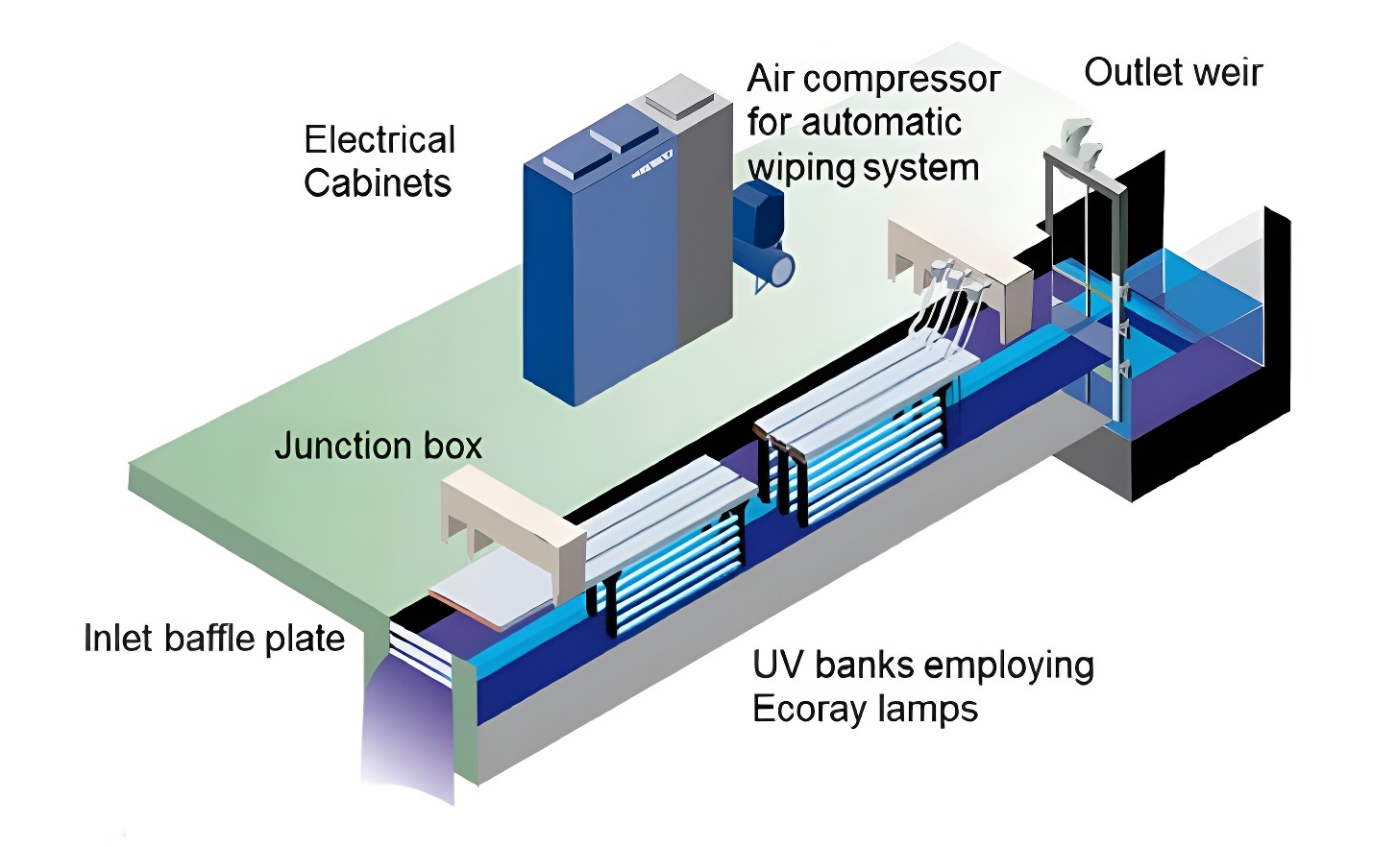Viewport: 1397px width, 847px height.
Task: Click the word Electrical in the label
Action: click(x=380, y=140)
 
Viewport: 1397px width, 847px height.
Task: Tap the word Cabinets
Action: click(x=378, y=183)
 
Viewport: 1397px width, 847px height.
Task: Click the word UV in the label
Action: click(x=778, y=665)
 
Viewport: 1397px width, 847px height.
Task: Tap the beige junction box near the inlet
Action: click(x=509, y=519)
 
